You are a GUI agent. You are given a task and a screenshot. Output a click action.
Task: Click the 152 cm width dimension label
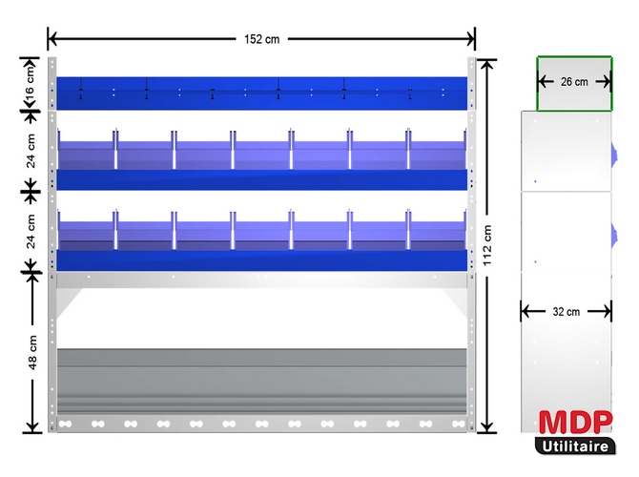(260, 39)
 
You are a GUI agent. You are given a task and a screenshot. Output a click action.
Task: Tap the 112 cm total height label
(488, 246)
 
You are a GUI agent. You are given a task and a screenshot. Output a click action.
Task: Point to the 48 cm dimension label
(32, 353)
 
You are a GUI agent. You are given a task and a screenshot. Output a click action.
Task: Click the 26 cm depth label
(574, 83)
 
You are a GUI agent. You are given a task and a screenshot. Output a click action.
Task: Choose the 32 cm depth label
(566, 311)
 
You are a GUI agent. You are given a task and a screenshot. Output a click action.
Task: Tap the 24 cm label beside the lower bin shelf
(31, 231)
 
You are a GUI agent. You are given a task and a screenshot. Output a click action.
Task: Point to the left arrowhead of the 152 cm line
(52, 39)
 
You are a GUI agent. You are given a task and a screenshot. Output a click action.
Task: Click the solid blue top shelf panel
(262, 93)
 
